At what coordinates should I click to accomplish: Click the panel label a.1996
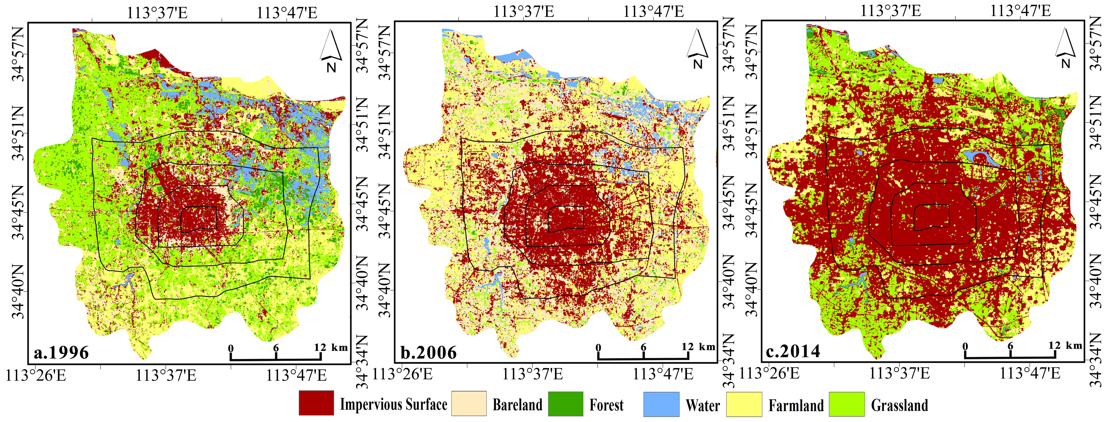tap(61, 352)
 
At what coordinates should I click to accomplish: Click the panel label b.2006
tap(428, 352)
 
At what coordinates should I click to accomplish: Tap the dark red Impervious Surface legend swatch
tap(316, 403)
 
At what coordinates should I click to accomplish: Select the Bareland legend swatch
tap(469, 404)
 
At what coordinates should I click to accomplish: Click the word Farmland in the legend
tap(796, 405)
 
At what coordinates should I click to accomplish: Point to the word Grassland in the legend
tap(899, 405)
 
